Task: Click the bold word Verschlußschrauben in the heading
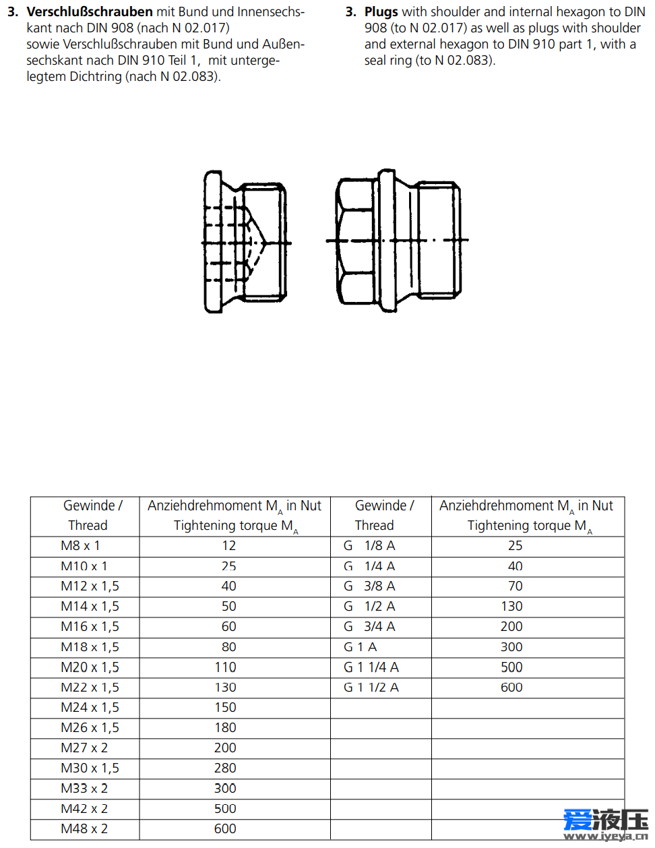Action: pyautogui.click(x=90, y=12)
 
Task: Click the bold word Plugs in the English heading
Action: pyautogui.click(x=381, y=12)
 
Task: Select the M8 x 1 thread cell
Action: pyautogui.click(x=80, y=546)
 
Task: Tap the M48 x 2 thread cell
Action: pyautogui.click(x=84, y=829)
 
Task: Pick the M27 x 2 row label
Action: pyautogui.click(x=84, y=748)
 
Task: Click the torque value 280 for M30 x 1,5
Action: pyautogui.click(x=225, y=768)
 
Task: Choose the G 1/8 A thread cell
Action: pyautogui.click(x=369, y=546)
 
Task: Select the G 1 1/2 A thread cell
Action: pyautogui.click(x=371, y=688)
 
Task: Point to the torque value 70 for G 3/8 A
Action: pyautogui.click(x=515, y=586)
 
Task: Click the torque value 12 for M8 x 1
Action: pyautogui.click(x=229, y=546)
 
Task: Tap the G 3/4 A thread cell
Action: pyautogui.click(x=369, y=627)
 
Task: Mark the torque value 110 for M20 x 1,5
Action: pyautogui.click(x=225, y=667)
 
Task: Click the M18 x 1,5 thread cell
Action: pyautogui.click(x=90, y=647)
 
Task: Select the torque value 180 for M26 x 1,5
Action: pyautogui.click(x=225, y=728)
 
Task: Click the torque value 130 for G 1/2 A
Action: pyautogui.click(x=511, y=607)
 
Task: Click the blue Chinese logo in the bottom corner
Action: pyautogui.click(x=605, y=823)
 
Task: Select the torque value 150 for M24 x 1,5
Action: pyautogui.click(x=225, y=708)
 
